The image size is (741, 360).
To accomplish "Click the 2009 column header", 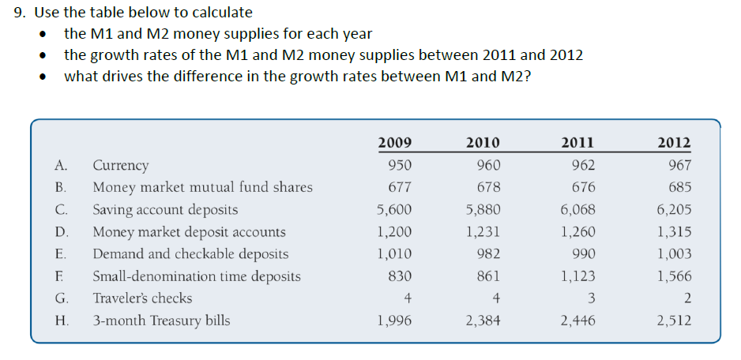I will click(x=394, y=143).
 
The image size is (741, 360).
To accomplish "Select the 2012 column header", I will click(x=674, y=143).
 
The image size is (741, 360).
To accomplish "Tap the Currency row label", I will click(x=120, y=166).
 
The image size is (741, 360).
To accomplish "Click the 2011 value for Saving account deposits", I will click(x=577, y=210).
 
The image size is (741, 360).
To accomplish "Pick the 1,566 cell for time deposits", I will click(x=674, y=276).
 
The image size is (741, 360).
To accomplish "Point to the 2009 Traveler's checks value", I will click(x=408, y=298).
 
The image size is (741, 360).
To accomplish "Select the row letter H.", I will click(x=61, y=321).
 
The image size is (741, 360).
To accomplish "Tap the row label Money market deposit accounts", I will click(x=190, y=232).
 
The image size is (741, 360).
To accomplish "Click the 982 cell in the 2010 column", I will click(x=488, y=254).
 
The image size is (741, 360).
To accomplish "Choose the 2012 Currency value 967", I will click(x=679, y=166).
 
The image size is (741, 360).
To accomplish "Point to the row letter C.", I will click(x=61, y=210).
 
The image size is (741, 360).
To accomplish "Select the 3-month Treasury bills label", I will click(x=161, y=321).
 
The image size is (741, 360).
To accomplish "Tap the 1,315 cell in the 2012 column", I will click(x=674, y=232).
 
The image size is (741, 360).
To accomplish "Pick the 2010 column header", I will click(x=482, y=143).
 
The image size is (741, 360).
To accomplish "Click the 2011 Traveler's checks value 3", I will click(x=592, y=298).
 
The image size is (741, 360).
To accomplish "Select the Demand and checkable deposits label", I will click(x=190, y=254).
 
